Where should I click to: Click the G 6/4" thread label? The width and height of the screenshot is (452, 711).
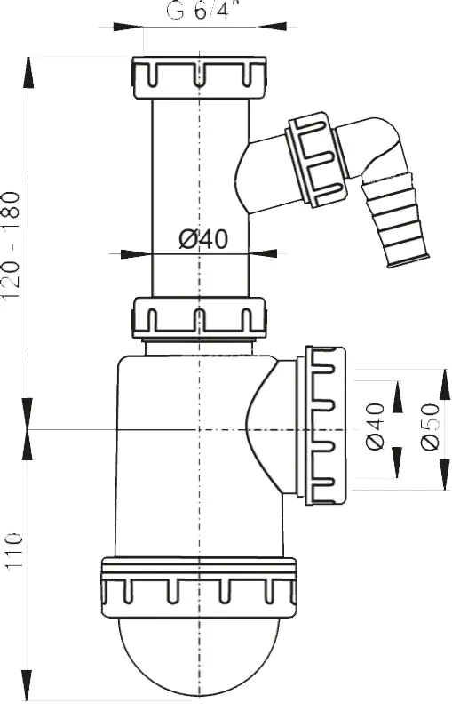(202, 11)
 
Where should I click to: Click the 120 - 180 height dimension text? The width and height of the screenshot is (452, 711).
(11, 245)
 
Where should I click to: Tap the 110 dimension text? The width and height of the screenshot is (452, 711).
(12, 550)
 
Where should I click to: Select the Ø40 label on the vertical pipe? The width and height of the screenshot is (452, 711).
(202, 238)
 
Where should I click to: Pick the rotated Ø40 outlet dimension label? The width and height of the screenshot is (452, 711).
(376, 427)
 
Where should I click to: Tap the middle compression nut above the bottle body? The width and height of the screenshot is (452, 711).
(198, 318)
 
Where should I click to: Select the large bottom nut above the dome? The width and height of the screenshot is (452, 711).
(199, 587)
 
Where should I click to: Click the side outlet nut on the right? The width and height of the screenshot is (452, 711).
(326, 426)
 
